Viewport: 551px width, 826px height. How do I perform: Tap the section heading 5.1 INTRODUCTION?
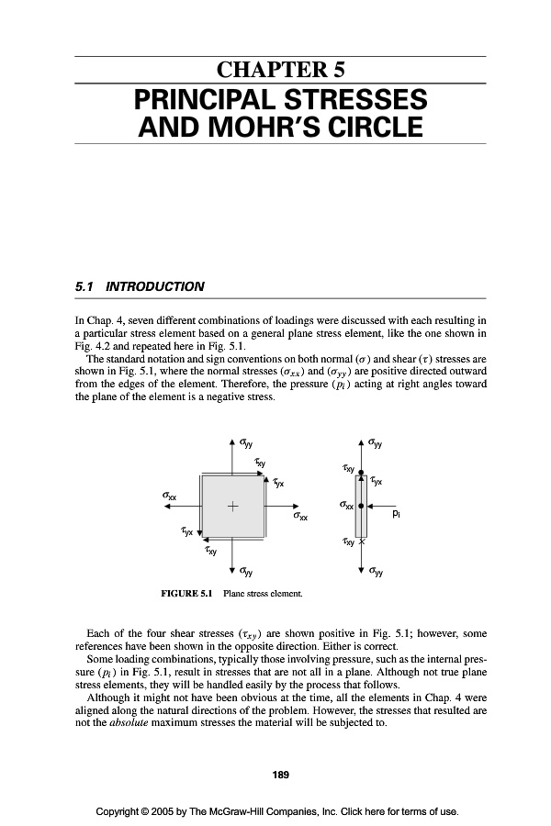click(x=139, y=286)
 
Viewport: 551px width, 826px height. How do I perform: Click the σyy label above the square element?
click(x=247, y=442)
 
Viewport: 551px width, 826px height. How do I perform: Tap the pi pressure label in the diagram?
click(x=395, y=516)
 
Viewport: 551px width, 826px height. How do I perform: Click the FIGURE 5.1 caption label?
click(x=186, y=593)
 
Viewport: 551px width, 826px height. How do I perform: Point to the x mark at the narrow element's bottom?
click(x=362, y=543)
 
